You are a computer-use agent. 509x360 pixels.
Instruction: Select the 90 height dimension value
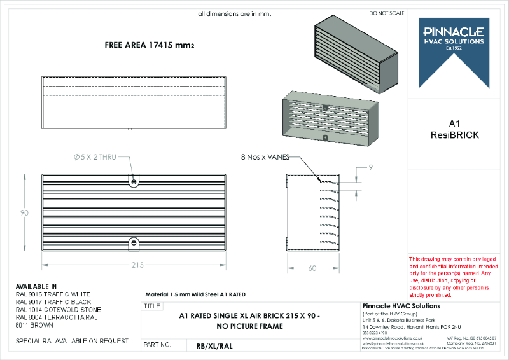(24, 213)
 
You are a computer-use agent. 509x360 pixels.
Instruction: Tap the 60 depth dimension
(312, 268)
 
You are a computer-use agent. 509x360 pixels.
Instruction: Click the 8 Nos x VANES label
(264, 156)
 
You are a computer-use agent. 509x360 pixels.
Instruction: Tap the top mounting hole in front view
(134, 182)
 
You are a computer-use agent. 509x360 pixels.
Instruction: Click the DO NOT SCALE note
(386, 13)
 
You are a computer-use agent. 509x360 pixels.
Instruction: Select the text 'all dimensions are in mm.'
(235, 13)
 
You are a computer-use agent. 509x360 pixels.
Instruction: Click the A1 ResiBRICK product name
(454, 129)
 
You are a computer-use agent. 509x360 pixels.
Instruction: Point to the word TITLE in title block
(153, 306)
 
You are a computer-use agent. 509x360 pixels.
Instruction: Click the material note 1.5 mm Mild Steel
(195, 294)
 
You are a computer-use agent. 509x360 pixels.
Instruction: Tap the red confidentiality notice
(449, 277)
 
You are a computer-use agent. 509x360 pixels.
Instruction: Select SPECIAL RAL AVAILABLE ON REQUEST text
(72, 341)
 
